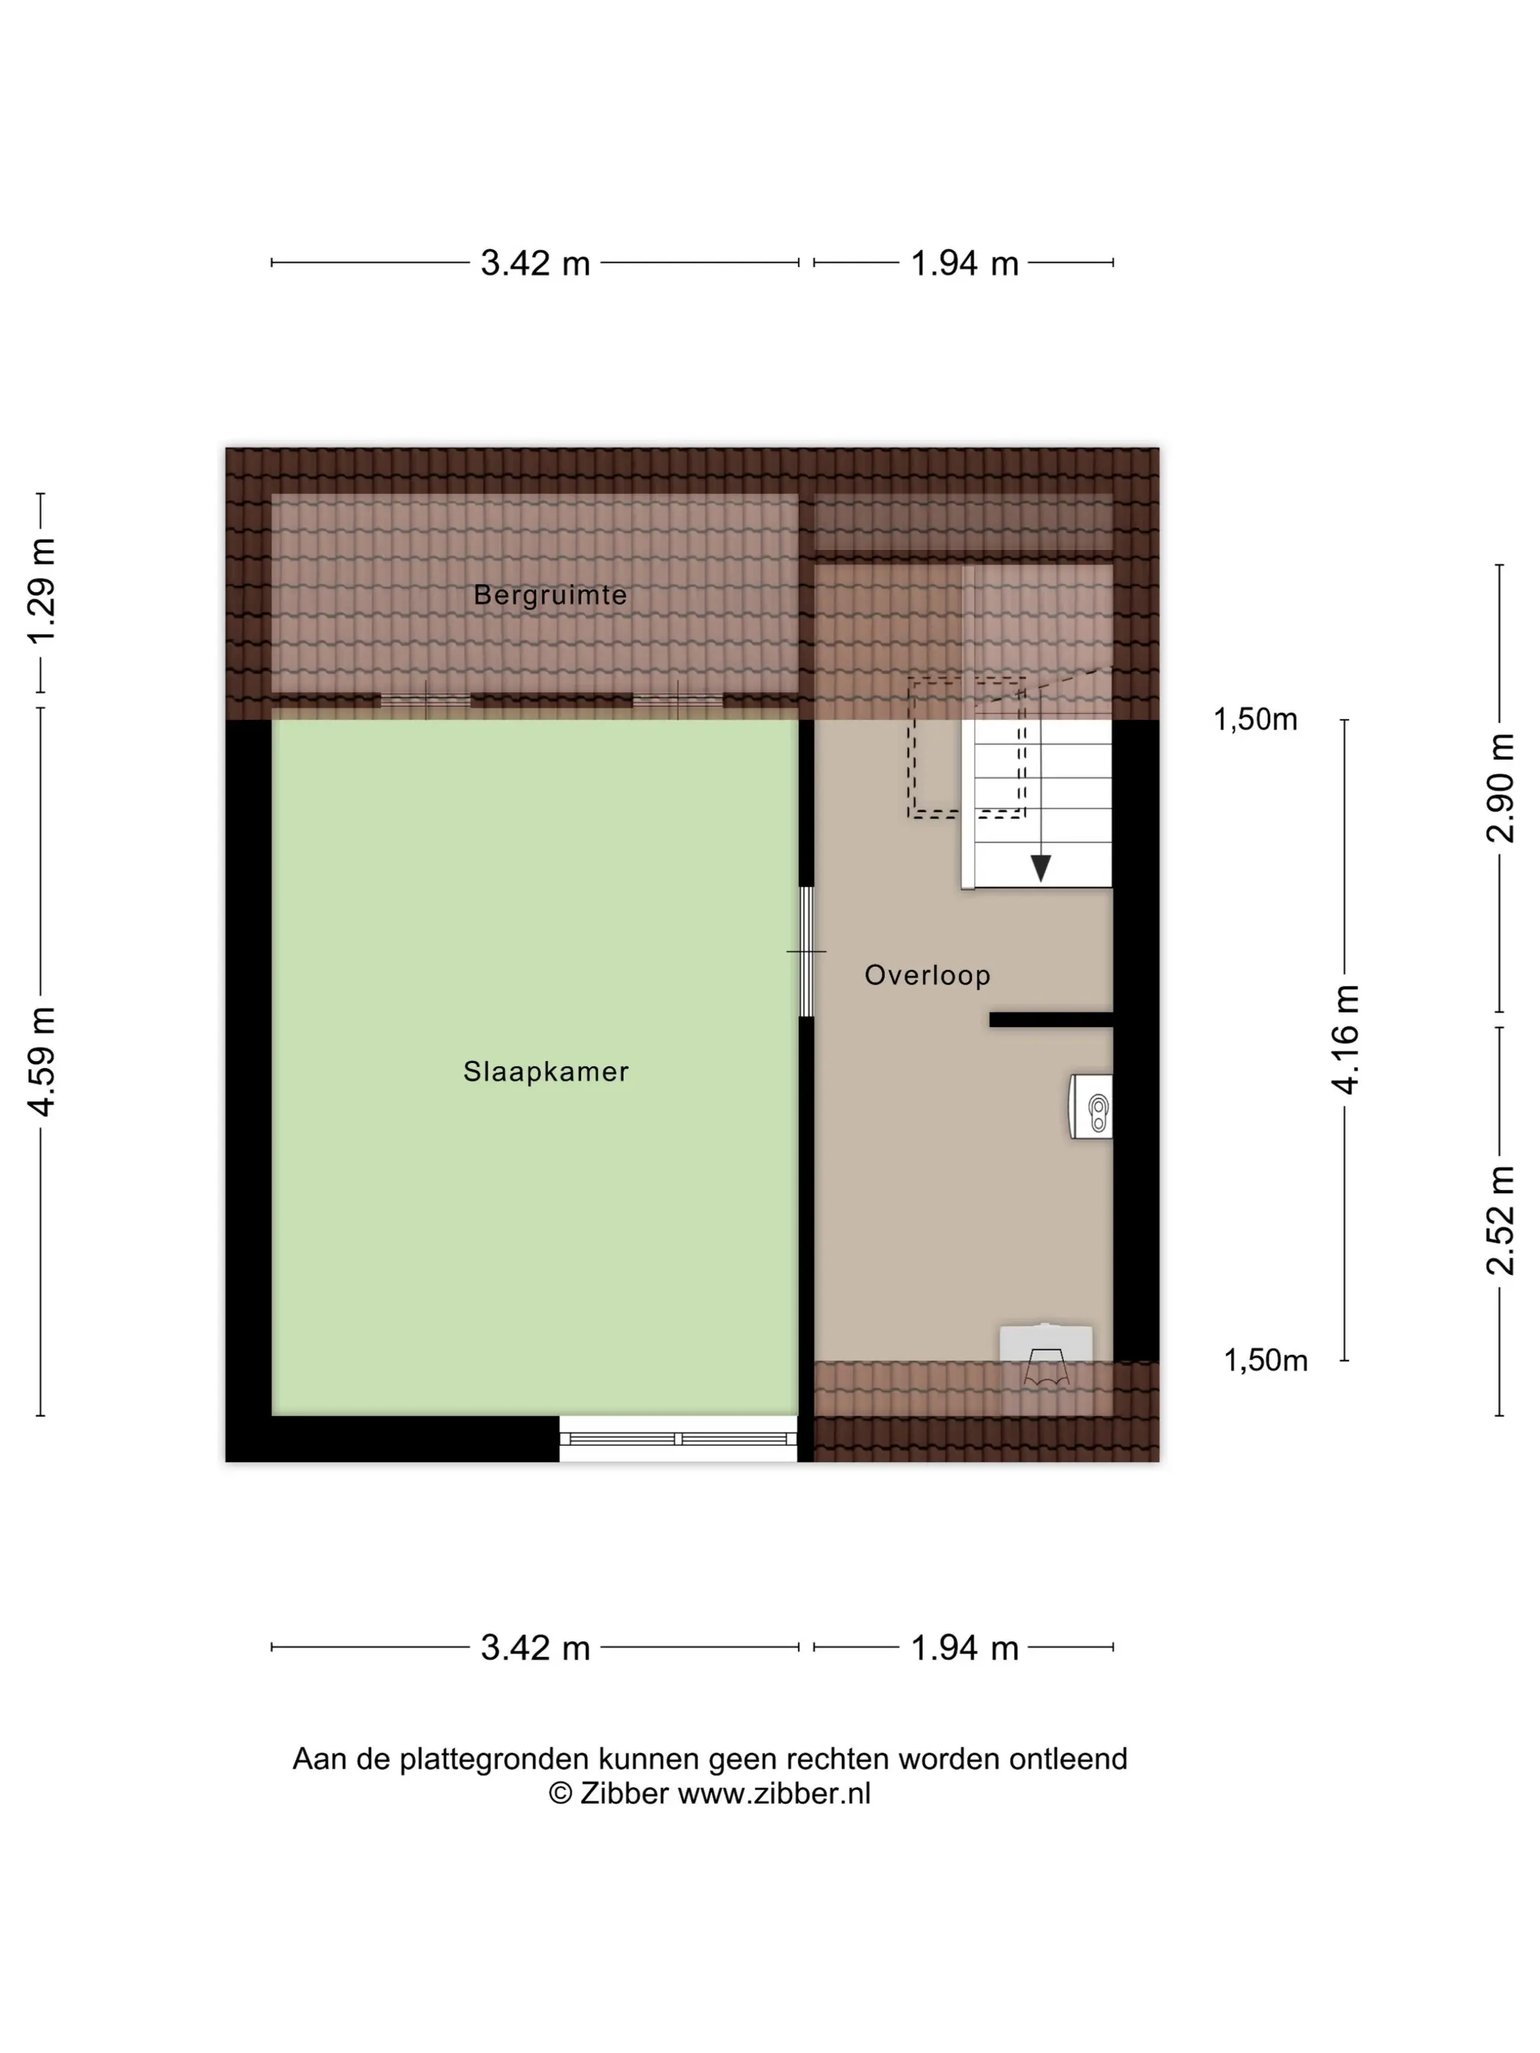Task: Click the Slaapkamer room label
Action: [546, 1072]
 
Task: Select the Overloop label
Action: [928, 975]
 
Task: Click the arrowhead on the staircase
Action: [1041, 868]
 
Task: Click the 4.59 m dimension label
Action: [43, 1061]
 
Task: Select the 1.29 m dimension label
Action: [43, 590]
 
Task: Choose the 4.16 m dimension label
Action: [1345, 1040]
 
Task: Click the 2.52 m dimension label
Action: [1500, 1221]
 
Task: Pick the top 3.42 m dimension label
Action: [535, 263]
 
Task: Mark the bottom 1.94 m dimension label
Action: [964, 1648]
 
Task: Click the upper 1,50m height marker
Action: [1255, 719]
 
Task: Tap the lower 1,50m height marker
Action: [1265, 1361]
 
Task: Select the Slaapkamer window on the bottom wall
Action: [678, 1439]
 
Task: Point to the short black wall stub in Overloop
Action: [1051, 1020]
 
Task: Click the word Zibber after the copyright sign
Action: [624, 1794]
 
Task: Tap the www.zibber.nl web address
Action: [775, 1794]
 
